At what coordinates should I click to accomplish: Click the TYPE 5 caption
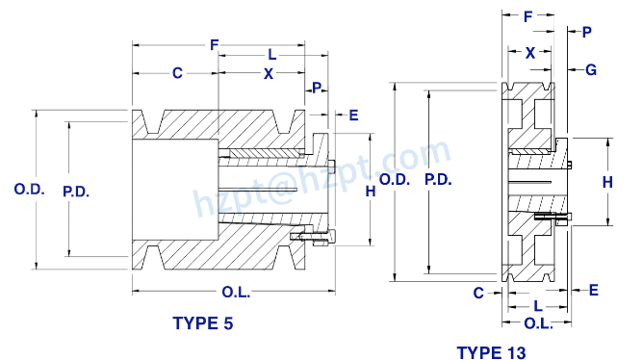[202, 322]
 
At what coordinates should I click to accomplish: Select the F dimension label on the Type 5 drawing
[214, 44]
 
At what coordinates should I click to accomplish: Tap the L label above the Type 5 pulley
[272, 55]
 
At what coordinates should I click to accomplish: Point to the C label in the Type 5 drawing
[177, 73]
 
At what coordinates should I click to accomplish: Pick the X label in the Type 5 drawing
[269, 73]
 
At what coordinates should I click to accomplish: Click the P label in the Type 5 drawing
[318, 89]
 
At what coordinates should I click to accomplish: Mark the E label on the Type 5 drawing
[353, 116]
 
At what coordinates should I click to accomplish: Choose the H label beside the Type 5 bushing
[370, 192]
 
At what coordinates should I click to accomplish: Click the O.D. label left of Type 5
[29, 190]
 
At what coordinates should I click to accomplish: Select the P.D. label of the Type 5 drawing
[76, 191]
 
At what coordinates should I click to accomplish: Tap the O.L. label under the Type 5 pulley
[237, 293]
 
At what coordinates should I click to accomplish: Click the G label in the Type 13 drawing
[591, 69]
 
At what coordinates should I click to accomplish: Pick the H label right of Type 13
[607, 181]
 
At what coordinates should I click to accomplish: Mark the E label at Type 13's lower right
[593, 289]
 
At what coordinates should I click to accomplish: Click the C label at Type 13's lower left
[478, 293]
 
